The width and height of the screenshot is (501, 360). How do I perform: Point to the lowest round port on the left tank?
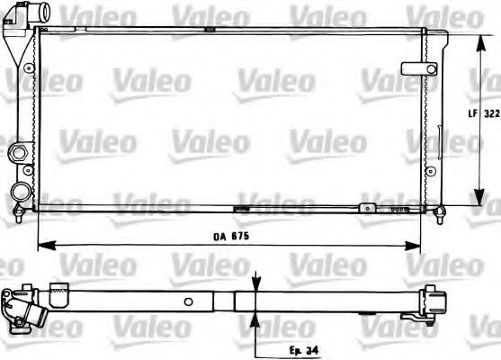20,191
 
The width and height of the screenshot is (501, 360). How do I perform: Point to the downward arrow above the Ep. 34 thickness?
256,285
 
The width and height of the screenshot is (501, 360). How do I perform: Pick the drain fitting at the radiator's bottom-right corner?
439,212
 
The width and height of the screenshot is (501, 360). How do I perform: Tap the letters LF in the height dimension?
470,113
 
